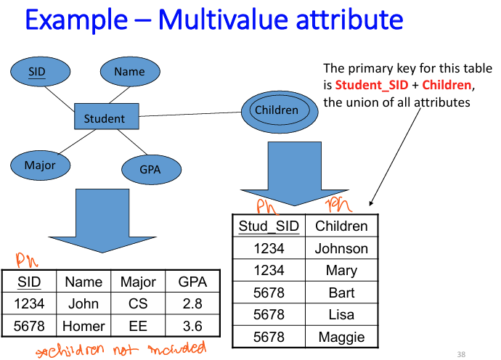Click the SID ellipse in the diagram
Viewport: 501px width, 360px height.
point(40,71)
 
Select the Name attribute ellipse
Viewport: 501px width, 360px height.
point(129,71)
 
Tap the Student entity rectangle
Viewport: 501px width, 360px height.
point(105,118)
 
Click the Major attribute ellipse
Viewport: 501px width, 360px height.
point(40,165)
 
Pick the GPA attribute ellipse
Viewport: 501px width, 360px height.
point(150,170)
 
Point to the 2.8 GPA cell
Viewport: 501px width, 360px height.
point(192,303)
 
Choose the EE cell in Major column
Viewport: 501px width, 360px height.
point(138,326)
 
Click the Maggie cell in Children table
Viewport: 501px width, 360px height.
point(341,337)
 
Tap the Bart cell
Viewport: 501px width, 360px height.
point(341,292)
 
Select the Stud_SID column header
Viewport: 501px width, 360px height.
point(269,226)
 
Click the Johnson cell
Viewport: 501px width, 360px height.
point(341,248)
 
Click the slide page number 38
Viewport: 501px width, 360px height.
point(461,354)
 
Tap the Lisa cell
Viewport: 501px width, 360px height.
point(341,314)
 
